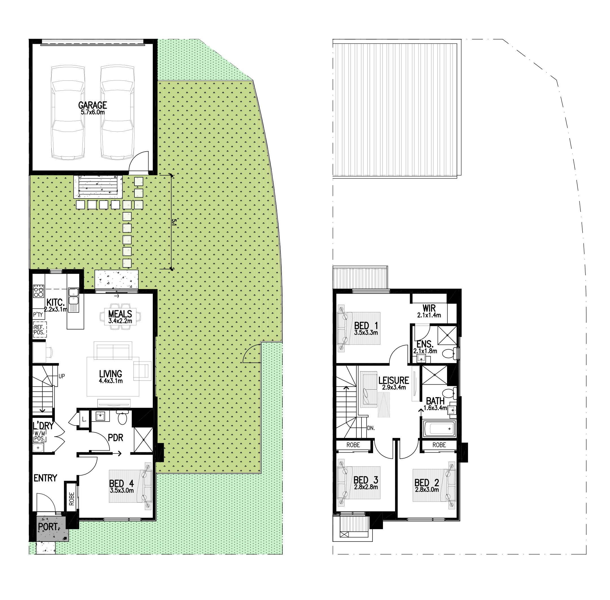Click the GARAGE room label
[92, 105]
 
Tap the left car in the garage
[68, 112]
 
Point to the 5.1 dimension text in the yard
[174, 222]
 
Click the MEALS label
[120, 314]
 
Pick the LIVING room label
[110, 374]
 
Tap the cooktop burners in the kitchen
[38, 291]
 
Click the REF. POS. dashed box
[40, 330]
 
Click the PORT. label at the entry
[48, 526]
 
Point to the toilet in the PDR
[122, 417]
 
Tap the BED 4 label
[121, 483]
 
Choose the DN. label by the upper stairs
[371, 428]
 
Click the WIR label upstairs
[429, 307]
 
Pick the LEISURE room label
[394, 380]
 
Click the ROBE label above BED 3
[353, 445]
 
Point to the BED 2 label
[426, 483]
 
